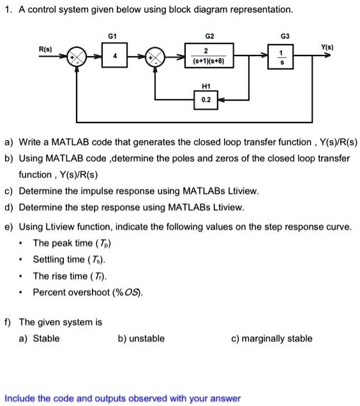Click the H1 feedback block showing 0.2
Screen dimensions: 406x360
pos(205,100)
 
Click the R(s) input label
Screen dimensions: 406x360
pos(45,49)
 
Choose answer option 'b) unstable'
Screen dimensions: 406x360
pos(141,338)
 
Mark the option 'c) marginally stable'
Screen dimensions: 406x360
pos(272,338)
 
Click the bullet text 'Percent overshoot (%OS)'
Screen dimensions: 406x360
pos(87,292)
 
